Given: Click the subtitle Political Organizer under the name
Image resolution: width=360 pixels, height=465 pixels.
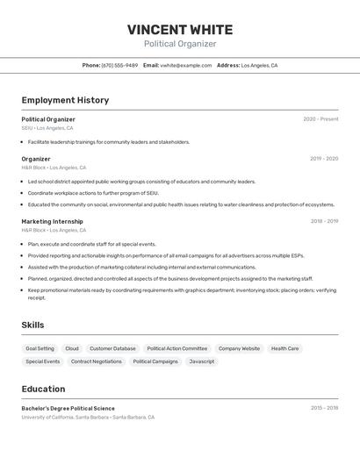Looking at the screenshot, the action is click(180, 44).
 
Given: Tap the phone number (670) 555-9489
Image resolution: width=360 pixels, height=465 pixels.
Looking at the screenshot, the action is click(119, 65).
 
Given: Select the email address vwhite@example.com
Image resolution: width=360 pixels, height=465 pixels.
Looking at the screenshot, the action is click(186, 65).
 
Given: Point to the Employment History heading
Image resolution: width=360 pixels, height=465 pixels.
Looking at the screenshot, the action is click(65, 100).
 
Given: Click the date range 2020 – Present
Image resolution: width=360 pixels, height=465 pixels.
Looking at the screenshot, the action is click(320, 119).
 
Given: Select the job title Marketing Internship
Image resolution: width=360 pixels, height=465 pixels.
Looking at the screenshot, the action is click(53, 221).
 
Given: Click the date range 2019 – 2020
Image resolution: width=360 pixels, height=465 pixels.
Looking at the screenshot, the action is click(324, 159).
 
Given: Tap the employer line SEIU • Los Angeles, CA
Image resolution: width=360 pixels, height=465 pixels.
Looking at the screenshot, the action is click(47, 128).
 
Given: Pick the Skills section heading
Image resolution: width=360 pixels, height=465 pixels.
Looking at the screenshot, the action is click(33, 325).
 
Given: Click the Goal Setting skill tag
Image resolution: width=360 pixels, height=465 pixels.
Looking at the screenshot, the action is click(40, 348).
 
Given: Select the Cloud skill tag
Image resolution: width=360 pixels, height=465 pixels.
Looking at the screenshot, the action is click(72, 348).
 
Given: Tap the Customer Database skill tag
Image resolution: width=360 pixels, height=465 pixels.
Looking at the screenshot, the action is click(112, 348).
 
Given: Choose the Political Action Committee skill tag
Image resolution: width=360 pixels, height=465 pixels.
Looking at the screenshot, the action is click(177, 348).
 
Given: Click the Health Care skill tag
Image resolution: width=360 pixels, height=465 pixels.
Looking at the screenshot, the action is click(284, 348).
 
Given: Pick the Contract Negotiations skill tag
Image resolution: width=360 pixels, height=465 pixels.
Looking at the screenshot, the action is click(97, 361).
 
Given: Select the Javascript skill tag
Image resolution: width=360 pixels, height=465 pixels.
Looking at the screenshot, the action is click(202, 361).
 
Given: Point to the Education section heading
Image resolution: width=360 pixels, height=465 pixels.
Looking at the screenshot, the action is click(43, 389).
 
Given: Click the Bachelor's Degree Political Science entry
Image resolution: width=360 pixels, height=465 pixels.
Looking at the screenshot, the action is click(68, 408).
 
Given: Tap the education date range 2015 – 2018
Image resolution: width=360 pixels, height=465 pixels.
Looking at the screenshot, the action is click(324, 408).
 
